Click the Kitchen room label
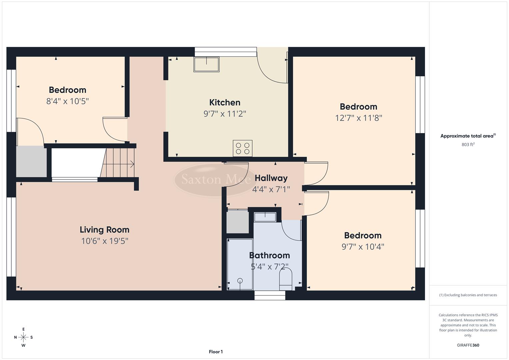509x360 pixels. (x=225, y=102)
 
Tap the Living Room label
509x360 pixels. (x=104, y=230)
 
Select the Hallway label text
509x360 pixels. (x=271, y=178)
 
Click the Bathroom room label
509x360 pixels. (x=269, y=255)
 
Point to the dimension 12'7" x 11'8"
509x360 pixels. (x=358, y=118)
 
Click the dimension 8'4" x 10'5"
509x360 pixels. (x=67, y=101)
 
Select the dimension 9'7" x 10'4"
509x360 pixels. (x=363, y=247)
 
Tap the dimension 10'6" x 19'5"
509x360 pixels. (x=104, y=241)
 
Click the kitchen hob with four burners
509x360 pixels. (x=242, y=148)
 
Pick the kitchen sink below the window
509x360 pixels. (x=206, y=65)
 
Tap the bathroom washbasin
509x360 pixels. (x=265, y=217)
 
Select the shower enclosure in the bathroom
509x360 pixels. (x=240, y=264)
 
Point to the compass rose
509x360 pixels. (x=23, y=337)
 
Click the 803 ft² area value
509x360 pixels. (x=468, y=145)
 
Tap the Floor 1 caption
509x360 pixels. (x=216, y=352)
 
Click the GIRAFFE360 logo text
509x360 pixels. (x=468, y=345)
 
